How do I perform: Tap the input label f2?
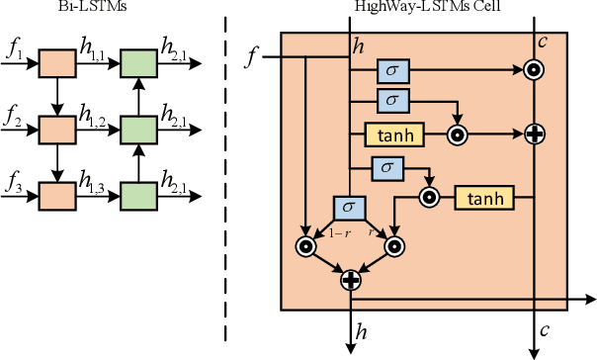click(x=13, y=116)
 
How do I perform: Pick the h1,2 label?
click(x=92, y=118)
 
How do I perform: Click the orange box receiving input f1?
click(x=54, y=66)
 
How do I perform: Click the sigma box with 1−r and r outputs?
click(x=348, y=208)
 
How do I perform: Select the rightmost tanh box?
click(x=485, y=198)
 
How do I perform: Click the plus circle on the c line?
click(x=535, y=132)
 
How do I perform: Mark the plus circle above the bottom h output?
click(x=350, y=280)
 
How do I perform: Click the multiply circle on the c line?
click(x=535, y=70)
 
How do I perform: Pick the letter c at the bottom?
click(x=546, y=329)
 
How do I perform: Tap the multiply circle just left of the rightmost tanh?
click(x=429, y=198)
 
